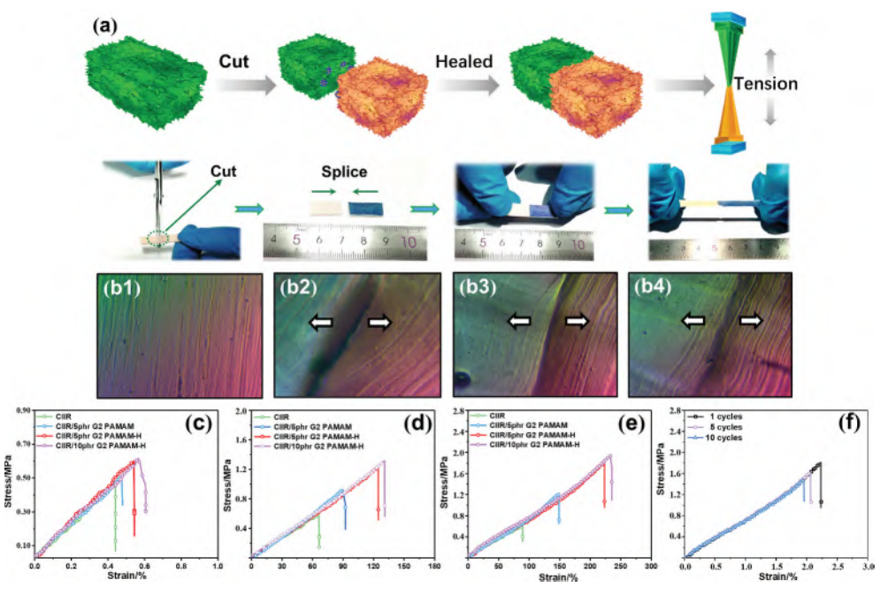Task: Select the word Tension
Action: pos(768,85)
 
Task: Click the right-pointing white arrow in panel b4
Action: pos(752,323)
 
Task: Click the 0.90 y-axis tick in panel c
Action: pos(23,410)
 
